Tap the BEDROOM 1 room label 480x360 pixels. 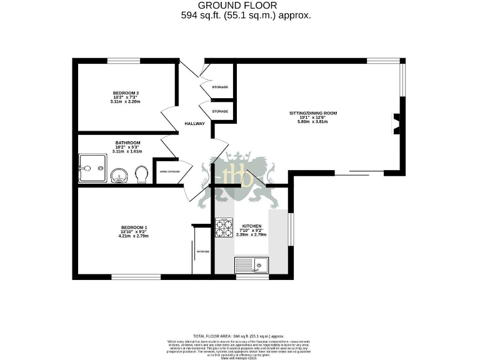point(133,227)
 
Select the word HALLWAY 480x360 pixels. point(194,124)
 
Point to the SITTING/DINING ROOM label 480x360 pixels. point(313,113)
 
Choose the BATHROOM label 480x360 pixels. point(127,142)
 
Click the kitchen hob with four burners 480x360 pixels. point(224,229)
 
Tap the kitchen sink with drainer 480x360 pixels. point(251,266)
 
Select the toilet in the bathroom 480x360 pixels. point(141,174)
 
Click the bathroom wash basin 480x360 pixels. point(119,176)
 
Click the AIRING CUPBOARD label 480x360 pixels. point(169,171)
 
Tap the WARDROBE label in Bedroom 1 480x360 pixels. point(203,251)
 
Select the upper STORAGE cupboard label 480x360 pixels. point(219,87)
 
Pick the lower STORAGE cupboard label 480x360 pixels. point(219,111)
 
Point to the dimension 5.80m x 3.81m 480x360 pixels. point(313,121)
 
